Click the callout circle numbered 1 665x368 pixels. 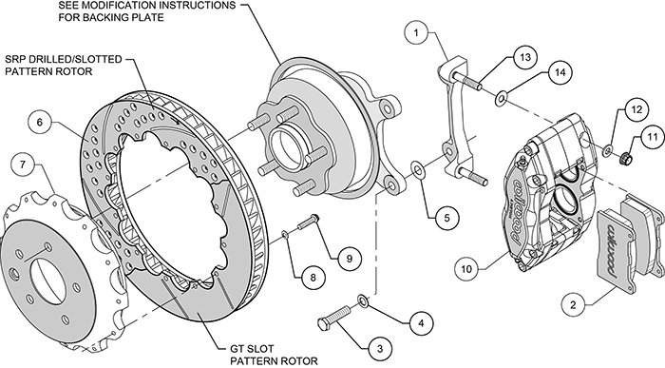tap(416, 32)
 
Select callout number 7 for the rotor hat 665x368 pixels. tap(24, 164)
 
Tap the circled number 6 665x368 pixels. tap(40, 123)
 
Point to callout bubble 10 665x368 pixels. tap(466, 269)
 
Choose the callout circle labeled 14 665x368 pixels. tap(560, 72)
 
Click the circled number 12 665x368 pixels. tap(637, 110)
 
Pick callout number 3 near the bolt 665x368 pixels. tap(380, 348)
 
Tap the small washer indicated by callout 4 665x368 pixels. tap(364, 300)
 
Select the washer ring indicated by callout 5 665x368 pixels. tap(418, 170)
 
